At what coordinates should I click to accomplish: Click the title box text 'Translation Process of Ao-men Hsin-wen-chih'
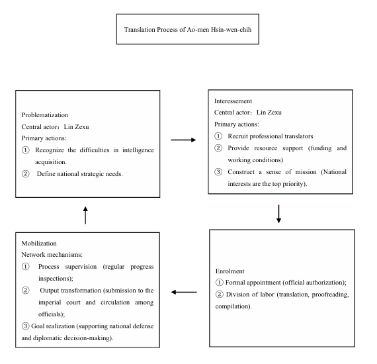pyautogui.click(x=188, y=30)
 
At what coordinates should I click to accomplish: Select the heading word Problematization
pyautogui.click(x=45, y=115)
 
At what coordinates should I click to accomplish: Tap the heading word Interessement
pyautogui.click(x=233, y=101)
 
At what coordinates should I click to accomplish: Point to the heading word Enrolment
pyautogui.click(x=230, y=271)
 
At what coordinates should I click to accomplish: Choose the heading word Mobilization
pyautogui.click(x=39, y=244)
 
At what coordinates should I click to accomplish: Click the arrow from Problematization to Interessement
pyautogui.click(x=183, y=140)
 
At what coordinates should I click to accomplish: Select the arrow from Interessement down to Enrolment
pyautogui.click(x=278, y=214)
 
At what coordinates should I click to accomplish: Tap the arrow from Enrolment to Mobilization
pyautogui.click(x=184, y=292)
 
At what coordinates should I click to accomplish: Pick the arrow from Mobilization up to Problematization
pyautogui.click(x=85, y=215)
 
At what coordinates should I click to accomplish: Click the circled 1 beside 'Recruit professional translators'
pyautogui.click(x=218, y=136)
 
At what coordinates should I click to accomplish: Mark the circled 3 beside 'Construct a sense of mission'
pyautogui.click(x=218, y=172)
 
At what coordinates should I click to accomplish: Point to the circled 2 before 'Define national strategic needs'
pyautogui.click(x=26, y=173)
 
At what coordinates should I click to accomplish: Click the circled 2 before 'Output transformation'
pyautogui.click(x=26, y=290)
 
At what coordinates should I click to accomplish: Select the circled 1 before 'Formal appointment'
pyautogui.click(x=220, y=282)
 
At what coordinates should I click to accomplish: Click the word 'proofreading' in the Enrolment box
pyautogui.click(x=330, y=295)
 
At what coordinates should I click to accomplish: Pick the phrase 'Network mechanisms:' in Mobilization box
pyautogui.click(x=52, y=255)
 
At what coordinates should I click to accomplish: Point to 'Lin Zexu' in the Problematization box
pyautogui.click(x=76, y=127)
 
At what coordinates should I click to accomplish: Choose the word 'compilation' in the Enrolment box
pyautogui.click(x=232, y=306)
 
